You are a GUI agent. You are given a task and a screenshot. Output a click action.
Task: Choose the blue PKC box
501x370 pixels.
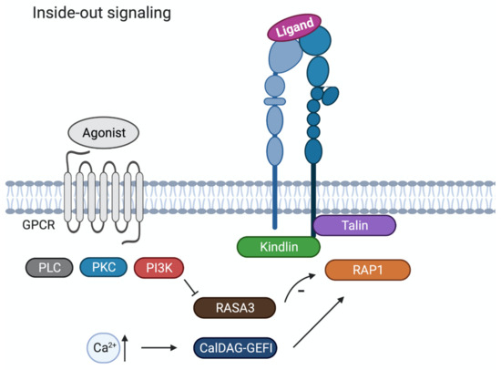102,268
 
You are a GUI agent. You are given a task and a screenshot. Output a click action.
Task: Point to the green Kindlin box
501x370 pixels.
278,246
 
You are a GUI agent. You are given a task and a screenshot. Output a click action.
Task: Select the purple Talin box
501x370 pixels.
354,225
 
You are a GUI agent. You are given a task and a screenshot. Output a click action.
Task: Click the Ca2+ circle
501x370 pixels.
102,347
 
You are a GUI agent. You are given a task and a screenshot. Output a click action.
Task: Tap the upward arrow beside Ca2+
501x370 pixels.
126,347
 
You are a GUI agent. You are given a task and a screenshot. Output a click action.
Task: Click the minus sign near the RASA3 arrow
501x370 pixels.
302,290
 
